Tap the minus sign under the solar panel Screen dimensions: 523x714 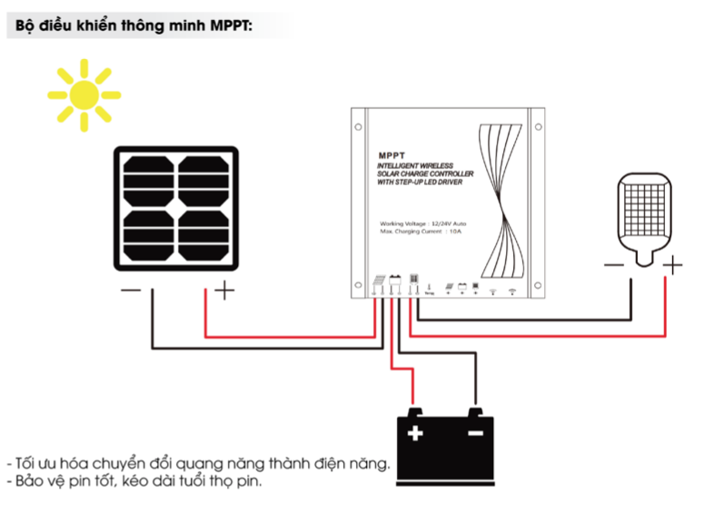[130, 291]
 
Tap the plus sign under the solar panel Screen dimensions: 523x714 [223, 291]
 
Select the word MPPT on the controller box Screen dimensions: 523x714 [392, 155]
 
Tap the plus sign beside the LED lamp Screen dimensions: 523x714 [672, 265]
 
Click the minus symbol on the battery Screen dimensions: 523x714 [475, 433]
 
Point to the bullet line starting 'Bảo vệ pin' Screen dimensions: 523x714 [137, 481]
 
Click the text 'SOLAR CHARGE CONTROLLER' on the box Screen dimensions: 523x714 [424, 174]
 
